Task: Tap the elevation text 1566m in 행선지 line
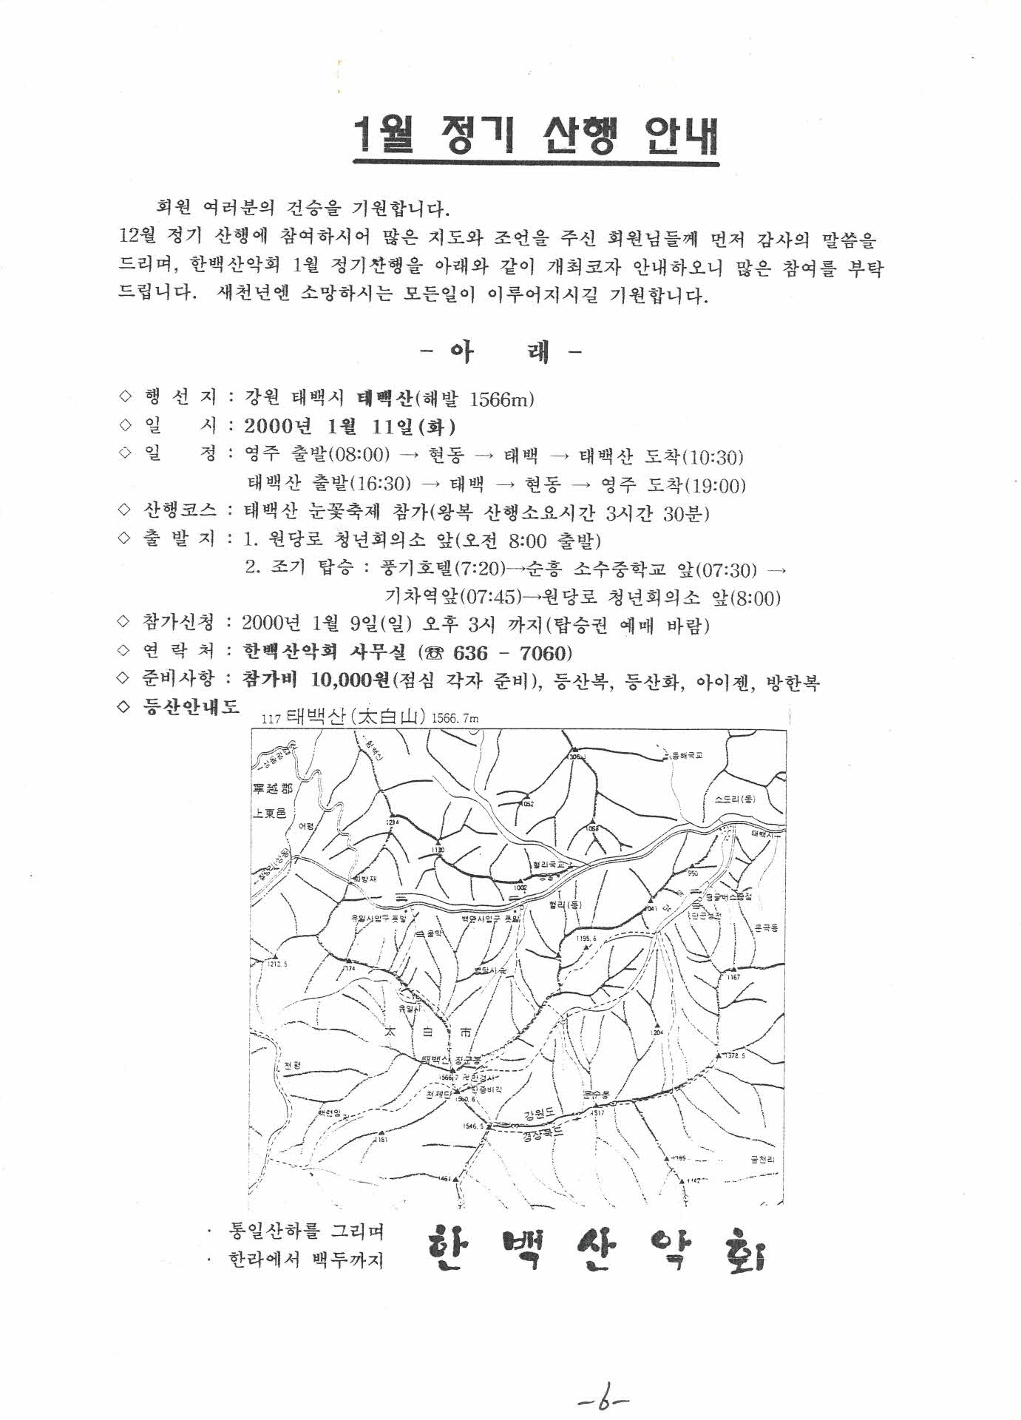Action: [x=500, y=400]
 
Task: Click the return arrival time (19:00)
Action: [x=715, y=486]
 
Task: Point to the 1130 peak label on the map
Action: [x=438, y=851]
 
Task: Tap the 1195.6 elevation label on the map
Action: [x=586, y=939]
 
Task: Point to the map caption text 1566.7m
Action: [x=455, y=717]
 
